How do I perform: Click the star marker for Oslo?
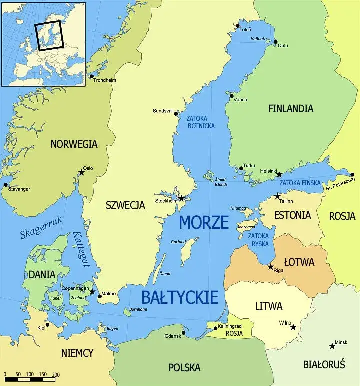pos(81,173)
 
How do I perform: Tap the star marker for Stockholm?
pos(182,199)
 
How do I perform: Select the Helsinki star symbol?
pos(279,175)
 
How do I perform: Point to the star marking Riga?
pos(271,267)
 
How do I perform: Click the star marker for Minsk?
pos(332,346)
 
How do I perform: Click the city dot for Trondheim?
pos(91,76)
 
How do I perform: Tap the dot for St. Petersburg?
pos(352,175)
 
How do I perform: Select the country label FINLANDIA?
pos(291,108)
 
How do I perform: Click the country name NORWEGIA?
pos(74,144)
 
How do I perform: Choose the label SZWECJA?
pos(125,205)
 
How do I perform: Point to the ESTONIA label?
pos(292,215)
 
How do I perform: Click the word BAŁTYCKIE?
pos(180,297)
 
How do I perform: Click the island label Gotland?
pos(178,242)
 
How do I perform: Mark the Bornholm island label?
pos(138,309)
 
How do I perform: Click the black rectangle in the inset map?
pos(48,35)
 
